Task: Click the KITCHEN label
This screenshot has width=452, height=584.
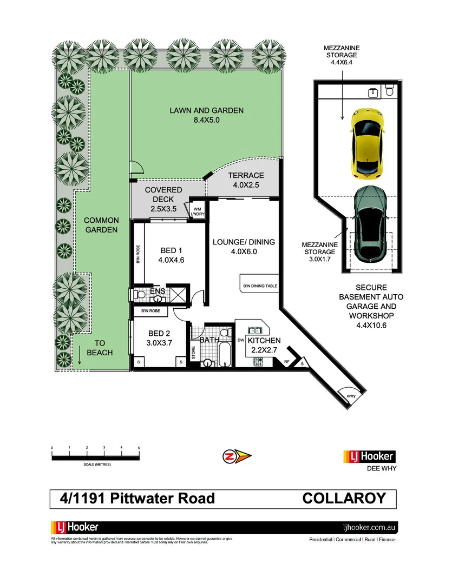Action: (264, 345)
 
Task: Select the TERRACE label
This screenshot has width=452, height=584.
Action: (246, 180)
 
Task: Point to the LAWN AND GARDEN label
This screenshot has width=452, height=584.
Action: (206, 115)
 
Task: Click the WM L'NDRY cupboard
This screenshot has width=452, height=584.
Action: (195, 211)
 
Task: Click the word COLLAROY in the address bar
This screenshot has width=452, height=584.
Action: (344, 498)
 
